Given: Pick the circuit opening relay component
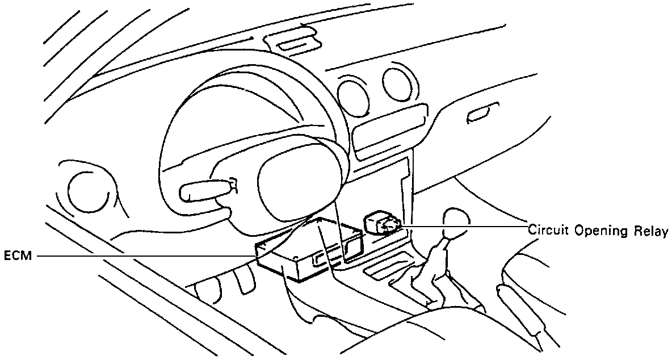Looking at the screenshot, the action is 382,223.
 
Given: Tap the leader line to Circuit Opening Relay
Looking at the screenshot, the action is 465,227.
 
